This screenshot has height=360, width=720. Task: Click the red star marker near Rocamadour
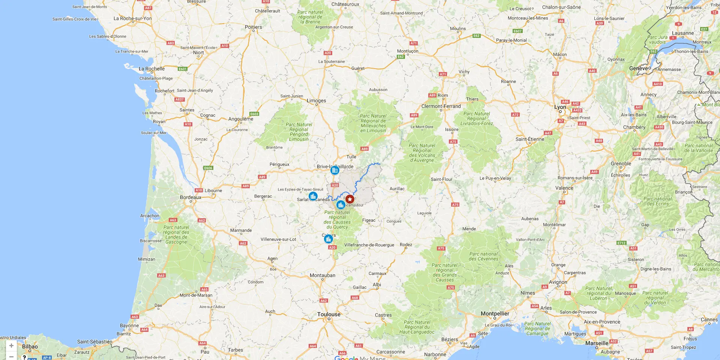click(x=350, y=199)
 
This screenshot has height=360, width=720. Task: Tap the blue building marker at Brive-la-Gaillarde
click(x=335, y=170)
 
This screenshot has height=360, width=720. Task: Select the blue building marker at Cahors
click(x=328, y=239)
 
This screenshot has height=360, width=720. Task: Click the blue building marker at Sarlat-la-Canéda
click(x=313, y=196)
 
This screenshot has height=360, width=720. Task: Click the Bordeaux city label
click(x=190, y=197)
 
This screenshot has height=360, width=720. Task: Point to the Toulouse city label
click(x=329, y=315)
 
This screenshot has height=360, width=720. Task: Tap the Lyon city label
click(x=560, y=107)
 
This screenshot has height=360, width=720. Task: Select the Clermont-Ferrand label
click(x=441, y=106)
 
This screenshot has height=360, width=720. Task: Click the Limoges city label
click(x=316, y=100)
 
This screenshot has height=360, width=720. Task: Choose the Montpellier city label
click(x=495, y=313)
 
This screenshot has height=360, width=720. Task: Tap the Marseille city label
click(x=597, y=343)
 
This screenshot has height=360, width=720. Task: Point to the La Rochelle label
click(x=151, y=69)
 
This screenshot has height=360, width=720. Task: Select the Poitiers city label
click(x=253, y=27)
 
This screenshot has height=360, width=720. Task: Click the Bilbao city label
click(x=30, y=346)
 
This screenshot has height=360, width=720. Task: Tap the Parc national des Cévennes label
click(x=483, y=256)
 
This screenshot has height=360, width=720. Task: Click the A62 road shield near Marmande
click(x=243, y=243)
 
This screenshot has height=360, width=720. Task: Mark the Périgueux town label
click(x=279, y=164)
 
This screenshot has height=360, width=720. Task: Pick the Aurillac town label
click(x=397, y=189)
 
